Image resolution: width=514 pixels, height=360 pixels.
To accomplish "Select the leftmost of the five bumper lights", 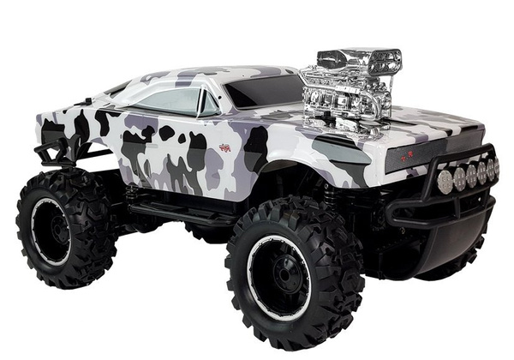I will point(444,180).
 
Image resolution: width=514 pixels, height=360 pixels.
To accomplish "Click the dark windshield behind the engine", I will point(261,90).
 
